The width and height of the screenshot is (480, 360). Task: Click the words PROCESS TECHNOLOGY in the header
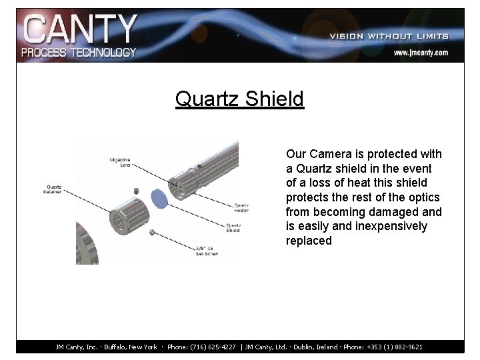pos(79,52)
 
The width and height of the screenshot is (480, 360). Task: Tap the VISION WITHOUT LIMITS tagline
pos(389,36)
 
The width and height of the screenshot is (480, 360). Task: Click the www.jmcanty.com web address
pos(420,52)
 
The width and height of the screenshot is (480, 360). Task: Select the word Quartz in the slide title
pos(207,99)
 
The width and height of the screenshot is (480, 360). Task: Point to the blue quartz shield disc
pos(159,197)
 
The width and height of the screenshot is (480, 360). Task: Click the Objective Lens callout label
pos(120,162)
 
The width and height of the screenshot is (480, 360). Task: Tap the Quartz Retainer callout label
pos(53,189)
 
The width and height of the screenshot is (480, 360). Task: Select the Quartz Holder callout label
pos(241,207)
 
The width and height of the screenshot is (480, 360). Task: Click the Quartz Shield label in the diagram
pos(233,227)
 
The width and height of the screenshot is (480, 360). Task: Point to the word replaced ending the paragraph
pos(309,241)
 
